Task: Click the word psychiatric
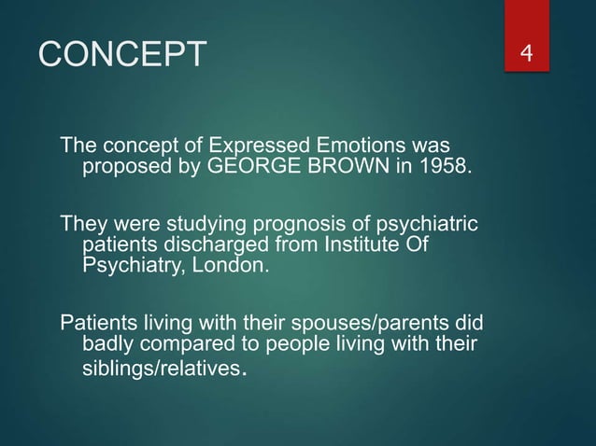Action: [430, 226]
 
